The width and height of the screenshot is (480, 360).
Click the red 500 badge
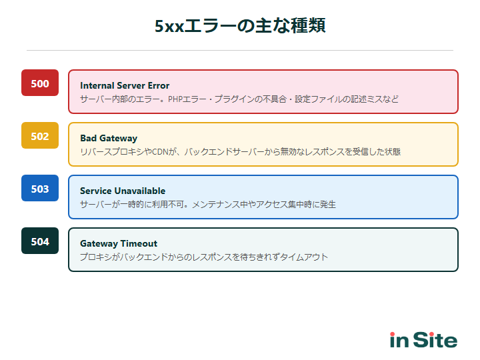pos(40,83)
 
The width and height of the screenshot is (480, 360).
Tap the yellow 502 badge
pos(40,136)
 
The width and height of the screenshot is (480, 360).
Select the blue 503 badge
pos(40,189)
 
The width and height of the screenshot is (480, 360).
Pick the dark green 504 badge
pos(40,241)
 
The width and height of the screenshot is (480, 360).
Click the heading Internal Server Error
pos(125,85)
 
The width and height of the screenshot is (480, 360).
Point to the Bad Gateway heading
pos(109,138)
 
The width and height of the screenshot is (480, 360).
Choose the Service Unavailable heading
pos(123,191)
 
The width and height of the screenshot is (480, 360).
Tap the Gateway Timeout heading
pos(119,243)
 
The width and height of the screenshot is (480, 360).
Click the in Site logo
pos(423,340)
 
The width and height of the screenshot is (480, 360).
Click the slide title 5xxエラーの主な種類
pos(240,26)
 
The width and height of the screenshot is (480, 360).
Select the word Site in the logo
pos(435,340)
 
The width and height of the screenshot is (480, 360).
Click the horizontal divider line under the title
pos(240,50)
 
